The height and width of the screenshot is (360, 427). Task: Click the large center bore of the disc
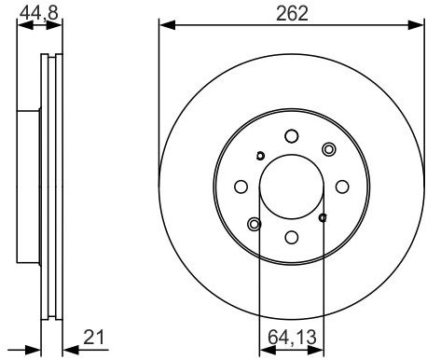(x=291, y=187)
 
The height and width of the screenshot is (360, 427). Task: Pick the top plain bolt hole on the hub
(x=291, y=135)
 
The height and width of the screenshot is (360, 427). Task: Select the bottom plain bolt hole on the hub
(x=291, y=238)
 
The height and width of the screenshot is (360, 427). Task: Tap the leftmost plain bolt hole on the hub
(x=240, y=187)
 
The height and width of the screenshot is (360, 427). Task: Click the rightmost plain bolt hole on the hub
(x=342, y=187)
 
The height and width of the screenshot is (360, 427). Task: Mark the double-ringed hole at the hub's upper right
(x=327, y=149)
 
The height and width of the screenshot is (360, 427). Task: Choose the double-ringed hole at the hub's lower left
(x=255, y=223)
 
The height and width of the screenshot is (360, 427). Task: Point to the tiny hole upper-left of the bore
(x=260, y=155)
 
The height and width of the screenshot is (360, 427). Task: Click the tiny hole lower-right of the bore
(x=323, y=217)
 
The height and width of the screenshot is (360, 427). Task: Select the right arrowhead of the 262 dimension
(x=417, y=24)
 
